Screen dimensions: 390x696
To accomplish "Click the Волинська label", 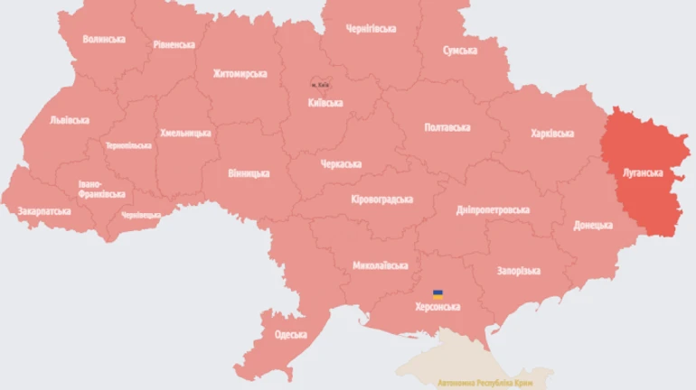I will (x=103, y=39).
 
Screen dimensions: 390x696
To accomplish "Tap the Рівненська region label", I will (x=174, y=44).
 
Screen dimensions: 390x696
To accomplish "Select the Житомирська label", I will (x=240, y=73).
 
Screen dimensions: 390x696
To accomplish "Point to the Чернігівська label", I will (x=371, y=29).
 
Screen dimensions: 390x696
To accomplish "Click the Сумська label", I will (x=459, y=51).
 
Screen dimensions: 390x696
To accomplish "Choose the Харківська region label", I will (x=551, y=134).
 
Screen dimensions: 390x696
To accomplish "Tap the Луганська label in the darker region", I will (x=644, y=172).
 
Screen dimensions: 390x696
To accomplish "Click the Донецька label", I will (x=593, y=225).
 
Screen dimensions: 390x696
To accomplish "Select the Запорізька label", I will (x=518, y=271).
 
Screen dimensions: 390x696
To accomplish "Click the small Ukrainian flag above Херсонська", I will (x=437, y=294).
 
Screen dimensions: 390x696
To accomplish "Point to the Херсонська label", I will (x=437, y=307).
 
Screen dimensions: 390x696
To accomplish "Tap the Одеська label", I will (x=290, y=335).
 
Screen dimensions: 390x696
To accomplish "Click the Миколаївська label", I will (x=380, y=265).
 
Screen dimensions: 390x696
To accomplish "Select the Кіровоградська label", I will (x=381, y=200).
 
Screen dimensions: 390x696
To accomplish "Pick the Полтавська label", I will (x=447, y=127).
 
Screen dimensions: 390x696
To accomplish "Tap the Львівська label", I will (x=70, y=119).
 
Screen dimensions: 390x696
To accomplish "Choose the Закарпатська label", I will (x=43, y=210).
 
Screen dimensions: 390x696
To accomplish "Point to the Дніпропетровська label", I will (x=493, y=210).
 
